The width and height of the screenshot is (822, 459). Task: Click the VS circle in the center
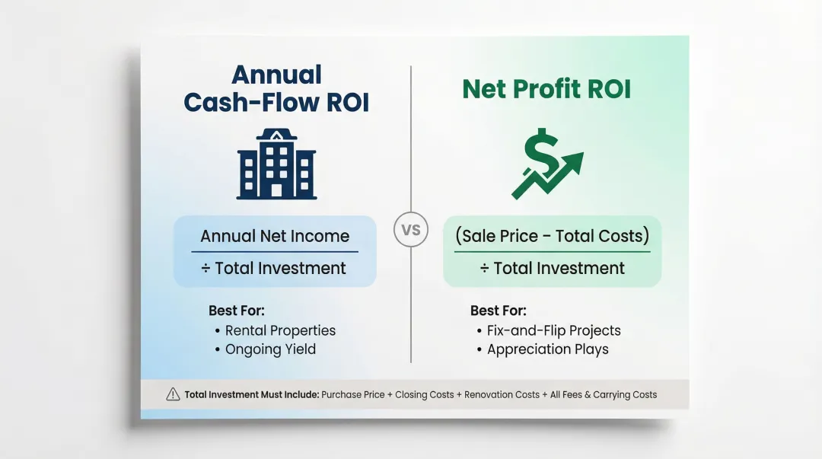410,231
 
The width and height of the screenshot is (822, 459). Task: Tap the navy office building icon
276,164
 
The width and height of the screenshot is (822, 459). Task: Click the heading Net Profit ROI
546,89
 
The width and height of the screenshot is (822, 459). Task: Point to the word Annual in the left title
276,75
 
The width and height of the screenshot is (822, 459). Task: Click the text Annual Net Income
275,236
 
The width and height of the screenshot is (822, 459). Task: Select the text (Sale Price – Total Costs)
552,236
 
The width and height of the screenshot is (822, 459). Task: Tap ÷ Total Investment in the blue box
275,268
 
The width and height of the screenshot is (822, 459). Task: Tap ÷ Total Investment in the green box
552,268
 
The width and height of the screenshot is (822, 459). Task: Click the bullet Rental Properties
280,330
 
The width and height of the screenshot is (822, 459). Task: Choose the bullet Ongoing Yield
270,349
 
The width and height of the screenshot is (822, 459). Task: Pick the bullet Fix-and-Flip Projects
553,330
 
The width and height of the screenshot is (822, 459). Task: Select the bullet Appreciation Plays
547,349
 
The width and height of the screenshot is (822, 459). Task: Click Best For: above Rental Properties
236,311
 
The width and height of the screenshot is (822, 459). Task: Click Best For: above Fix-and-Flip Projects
498,311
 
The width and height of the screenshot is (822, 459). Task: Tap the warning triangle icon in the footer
173,394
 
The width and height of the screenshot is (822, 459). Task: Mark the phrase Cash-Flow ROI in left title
276,102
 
